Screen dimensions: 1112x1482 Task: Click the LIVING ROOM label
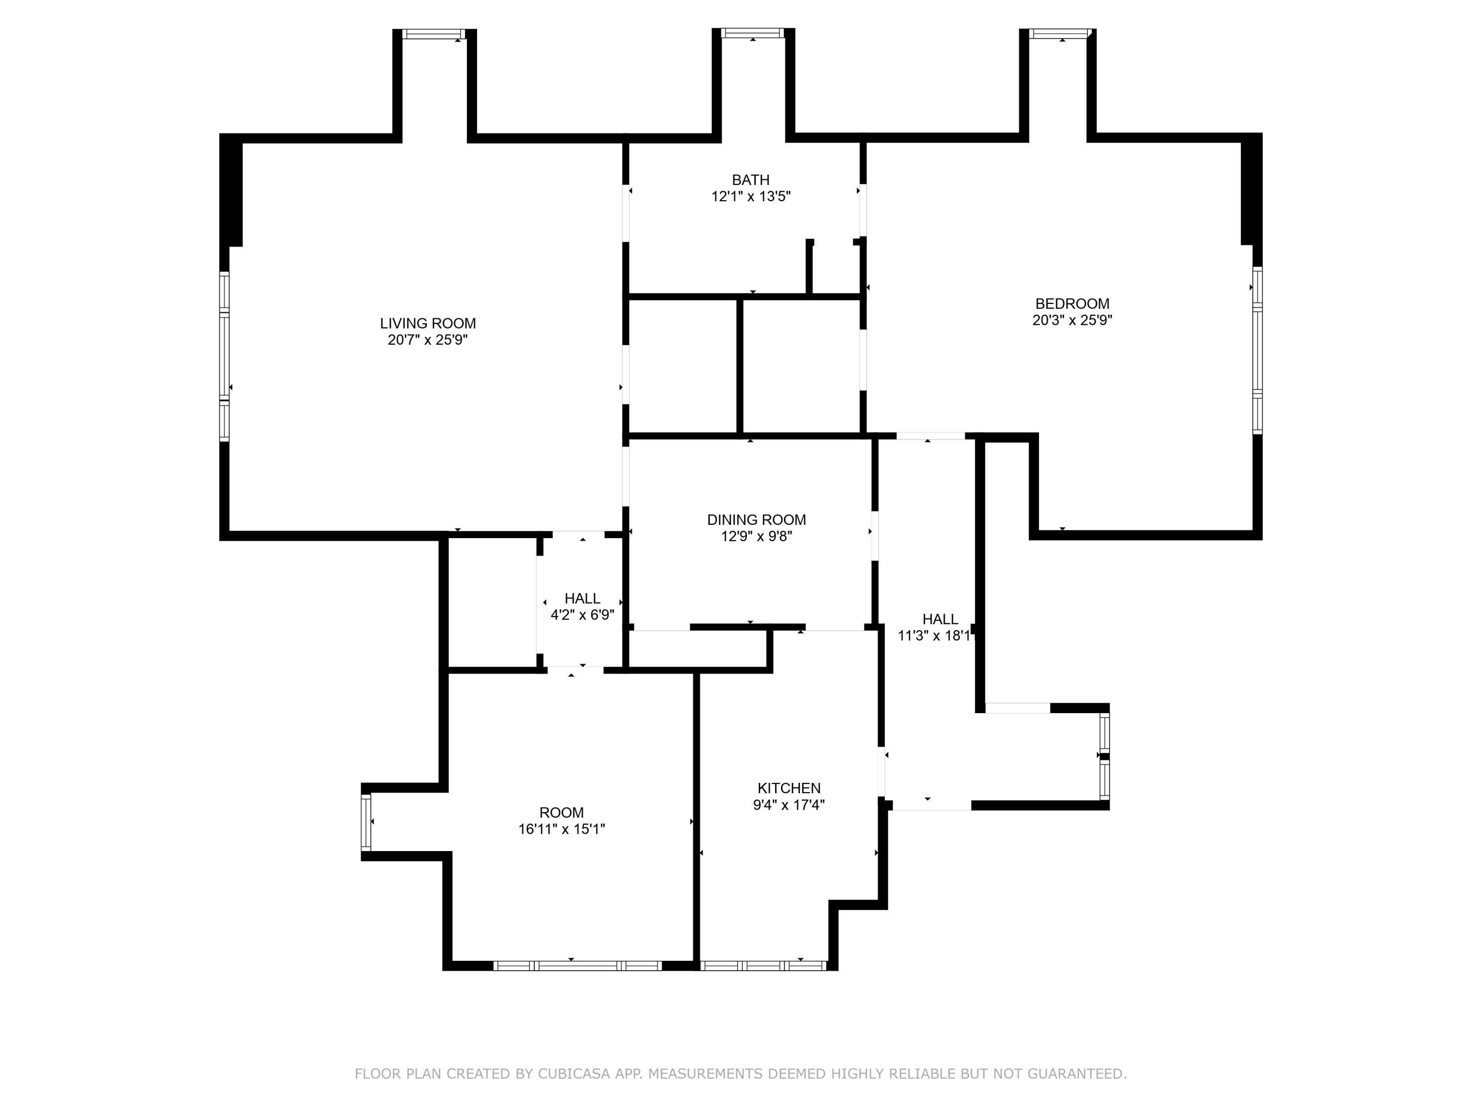(427, 323)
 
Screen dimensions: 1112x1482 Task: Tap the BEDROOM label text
(1072, 303)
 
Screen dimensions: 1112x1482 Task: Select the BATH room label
(750, 179)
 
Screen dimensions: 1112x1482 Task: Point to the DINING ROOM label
(756, 519)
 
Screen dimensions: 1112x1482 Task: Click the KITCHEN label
(788, 788)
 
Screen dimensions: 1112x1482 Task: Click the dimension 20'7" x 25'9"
(427, 340)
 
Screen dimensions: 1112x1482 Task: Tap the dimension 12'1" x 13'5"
(750, 196)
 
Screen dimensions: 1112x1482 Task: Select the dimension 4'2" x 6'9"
(582, 615)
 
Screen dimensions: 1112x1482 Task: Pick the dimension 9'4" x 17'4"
(788, 805)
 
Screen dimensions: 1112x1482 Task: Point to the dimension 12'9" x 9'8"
(756, 536)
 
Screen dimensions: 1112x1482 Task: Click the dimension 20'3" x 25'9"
(1072, 320)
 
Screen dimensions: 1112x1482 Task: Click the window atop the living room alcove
(433, 34)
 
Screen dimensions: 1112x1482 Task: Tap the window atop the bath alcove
(752, 33)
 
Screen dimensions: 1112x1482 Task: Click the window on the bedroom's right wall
(1258, 350)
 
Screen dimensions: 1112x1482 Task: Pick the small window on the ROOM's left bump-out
(366, 822)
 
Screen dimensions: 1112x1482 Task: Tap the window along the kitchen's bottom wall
(764, 966)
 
